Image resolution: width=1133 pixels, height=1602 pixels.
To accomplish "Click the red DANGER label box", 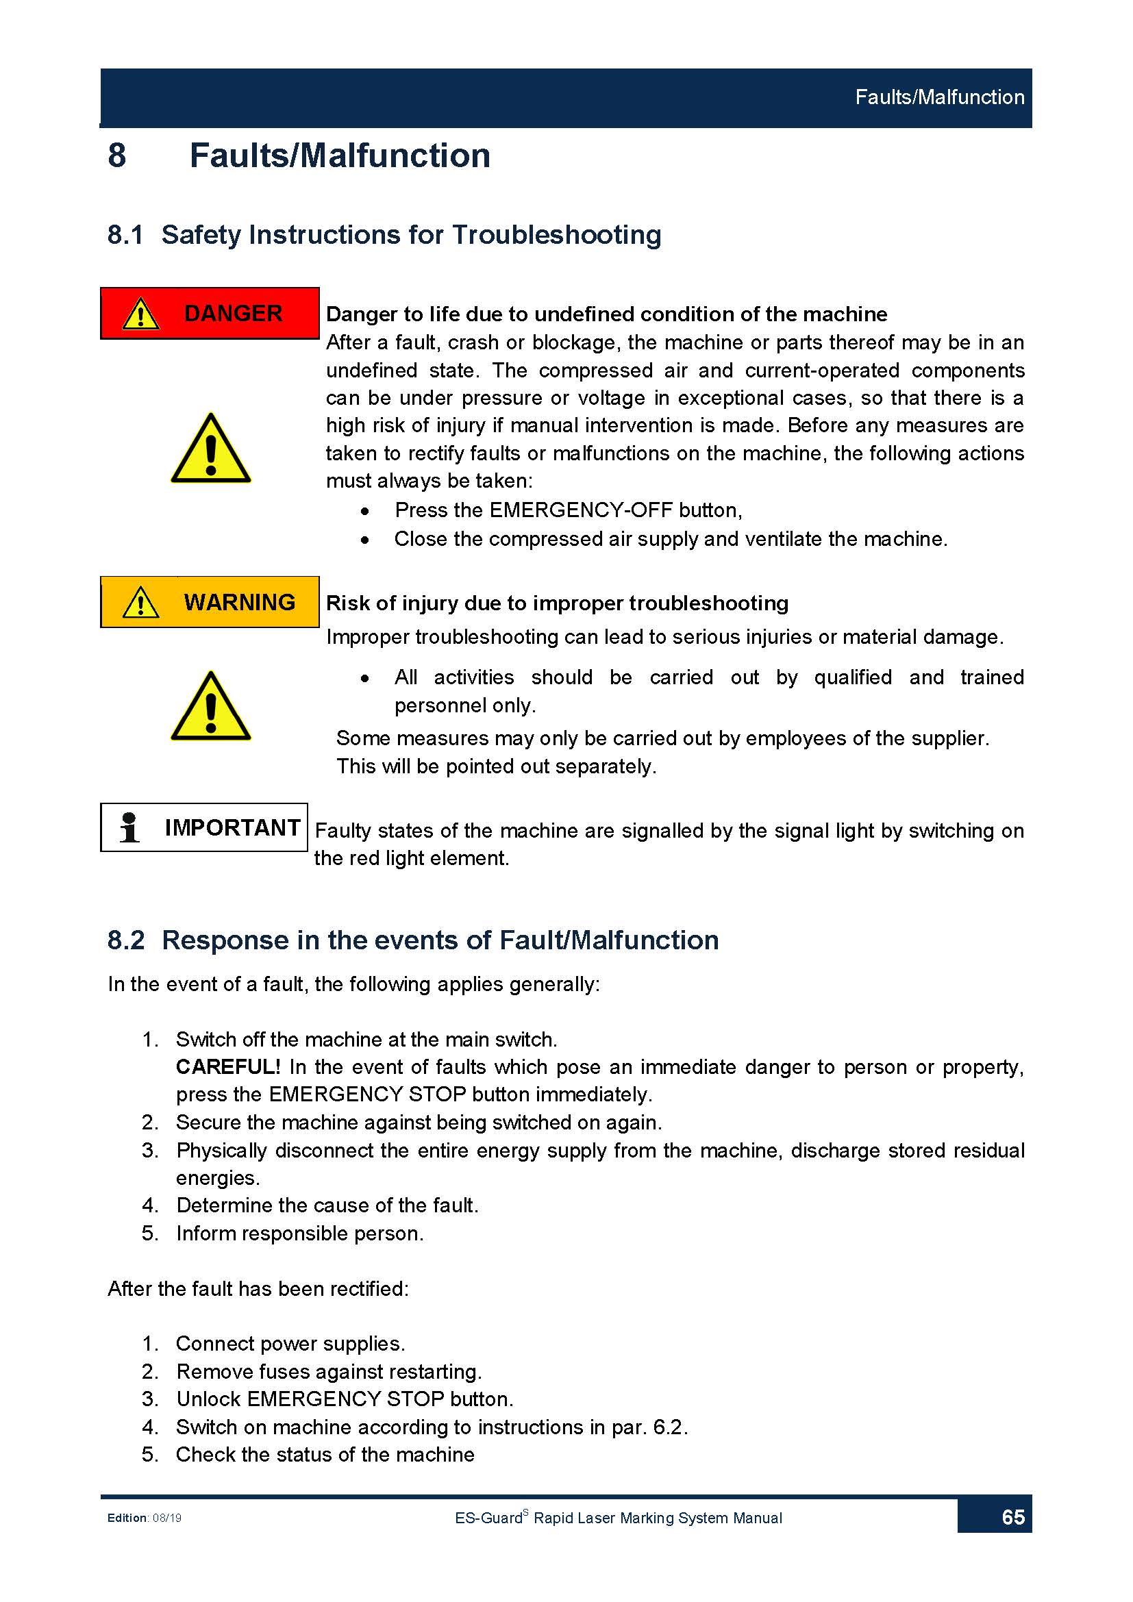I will (210, 313).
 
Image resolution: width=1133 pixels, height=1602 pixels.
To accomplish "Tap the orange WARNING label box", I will (210, 602).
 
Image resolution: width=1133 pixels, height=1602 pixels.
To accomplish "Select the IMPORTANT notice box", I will (203, 827).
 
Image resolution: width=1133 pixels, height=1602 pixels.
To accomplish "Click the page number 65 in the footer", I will (1012, 1518).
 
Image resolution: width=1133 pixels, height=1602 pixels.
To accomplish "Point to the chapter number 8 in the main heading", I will (117, 155).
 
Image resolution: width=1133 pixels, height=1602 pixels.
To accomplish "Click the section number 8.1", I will (125, 235).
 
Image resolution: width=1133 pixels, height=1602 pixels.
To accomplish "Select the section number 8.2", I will (126, 940).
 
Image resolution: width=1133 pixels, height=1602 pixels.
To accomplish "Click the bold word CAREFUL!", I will (228, 1067).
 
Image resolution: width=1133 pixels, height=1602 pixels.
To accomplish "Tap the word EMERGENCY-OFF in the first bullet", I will (581, 510).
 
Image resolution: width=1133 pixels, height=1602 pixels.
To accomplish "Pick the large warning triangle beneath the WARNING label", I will (211, 708).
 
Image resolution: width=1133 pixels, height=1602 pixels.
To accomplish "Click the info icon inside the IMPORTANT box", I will (129, 827).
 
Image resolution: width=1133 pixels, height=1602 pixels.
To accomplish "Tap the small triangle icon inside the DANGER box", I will (141, 314).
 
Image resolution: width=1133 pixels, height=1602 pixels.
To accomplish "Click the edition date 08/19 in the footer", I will (167, 1518).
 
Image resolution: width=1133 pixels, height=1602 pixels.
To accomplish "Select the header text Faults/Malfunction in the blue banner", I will (939, 97).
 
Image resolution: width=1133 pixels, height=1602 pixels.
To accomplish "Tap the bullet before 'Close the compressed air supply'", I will (365, 540).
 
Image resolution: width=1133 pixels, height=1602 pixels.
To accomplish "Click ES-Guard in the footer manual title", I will (488, 1518).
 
